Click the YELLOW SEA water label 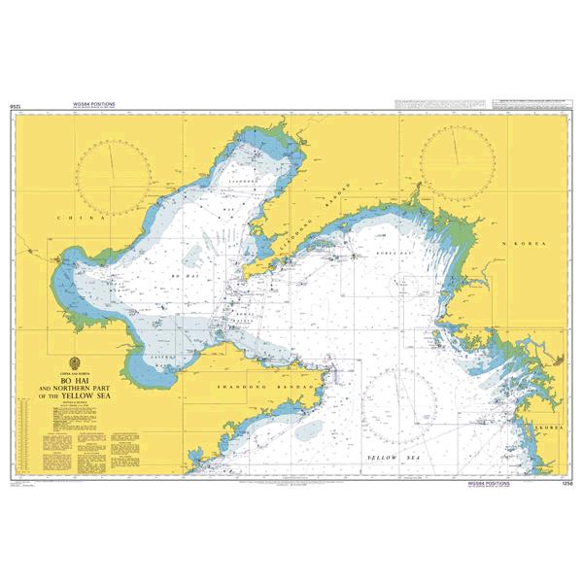pyautogui.click(x=393, y=456)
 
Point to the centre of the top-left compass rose pyautogui.click(x=114, y=174)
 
